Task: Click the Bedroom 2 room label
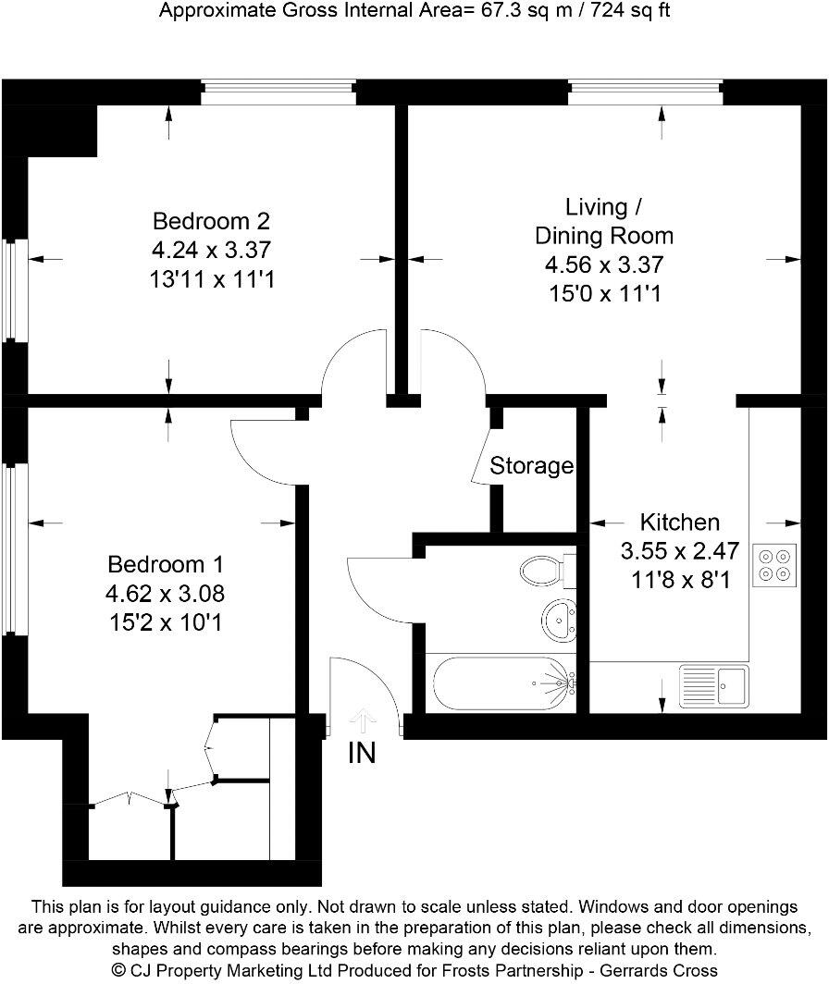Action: tap(211, 222)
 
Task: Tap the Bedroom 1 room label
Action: tap(166, 564)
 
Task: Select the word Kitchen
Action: tap(680, 523)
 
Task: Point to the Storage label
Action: tap(532, 466)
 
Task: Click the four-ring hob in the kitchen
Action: tap(774, 565)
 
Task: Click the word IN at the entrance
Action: tap(362, 754)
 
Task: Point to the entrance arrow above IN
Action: tap(363, 719)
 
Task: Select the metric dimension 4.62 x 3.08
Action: tap(167, 593)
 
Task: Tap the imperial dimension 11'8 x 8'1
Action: tap(679, 582)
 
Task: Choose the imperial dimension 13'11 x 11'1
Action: tap(212, 278)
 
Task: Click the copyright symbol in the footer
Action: tap(118, 970)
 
